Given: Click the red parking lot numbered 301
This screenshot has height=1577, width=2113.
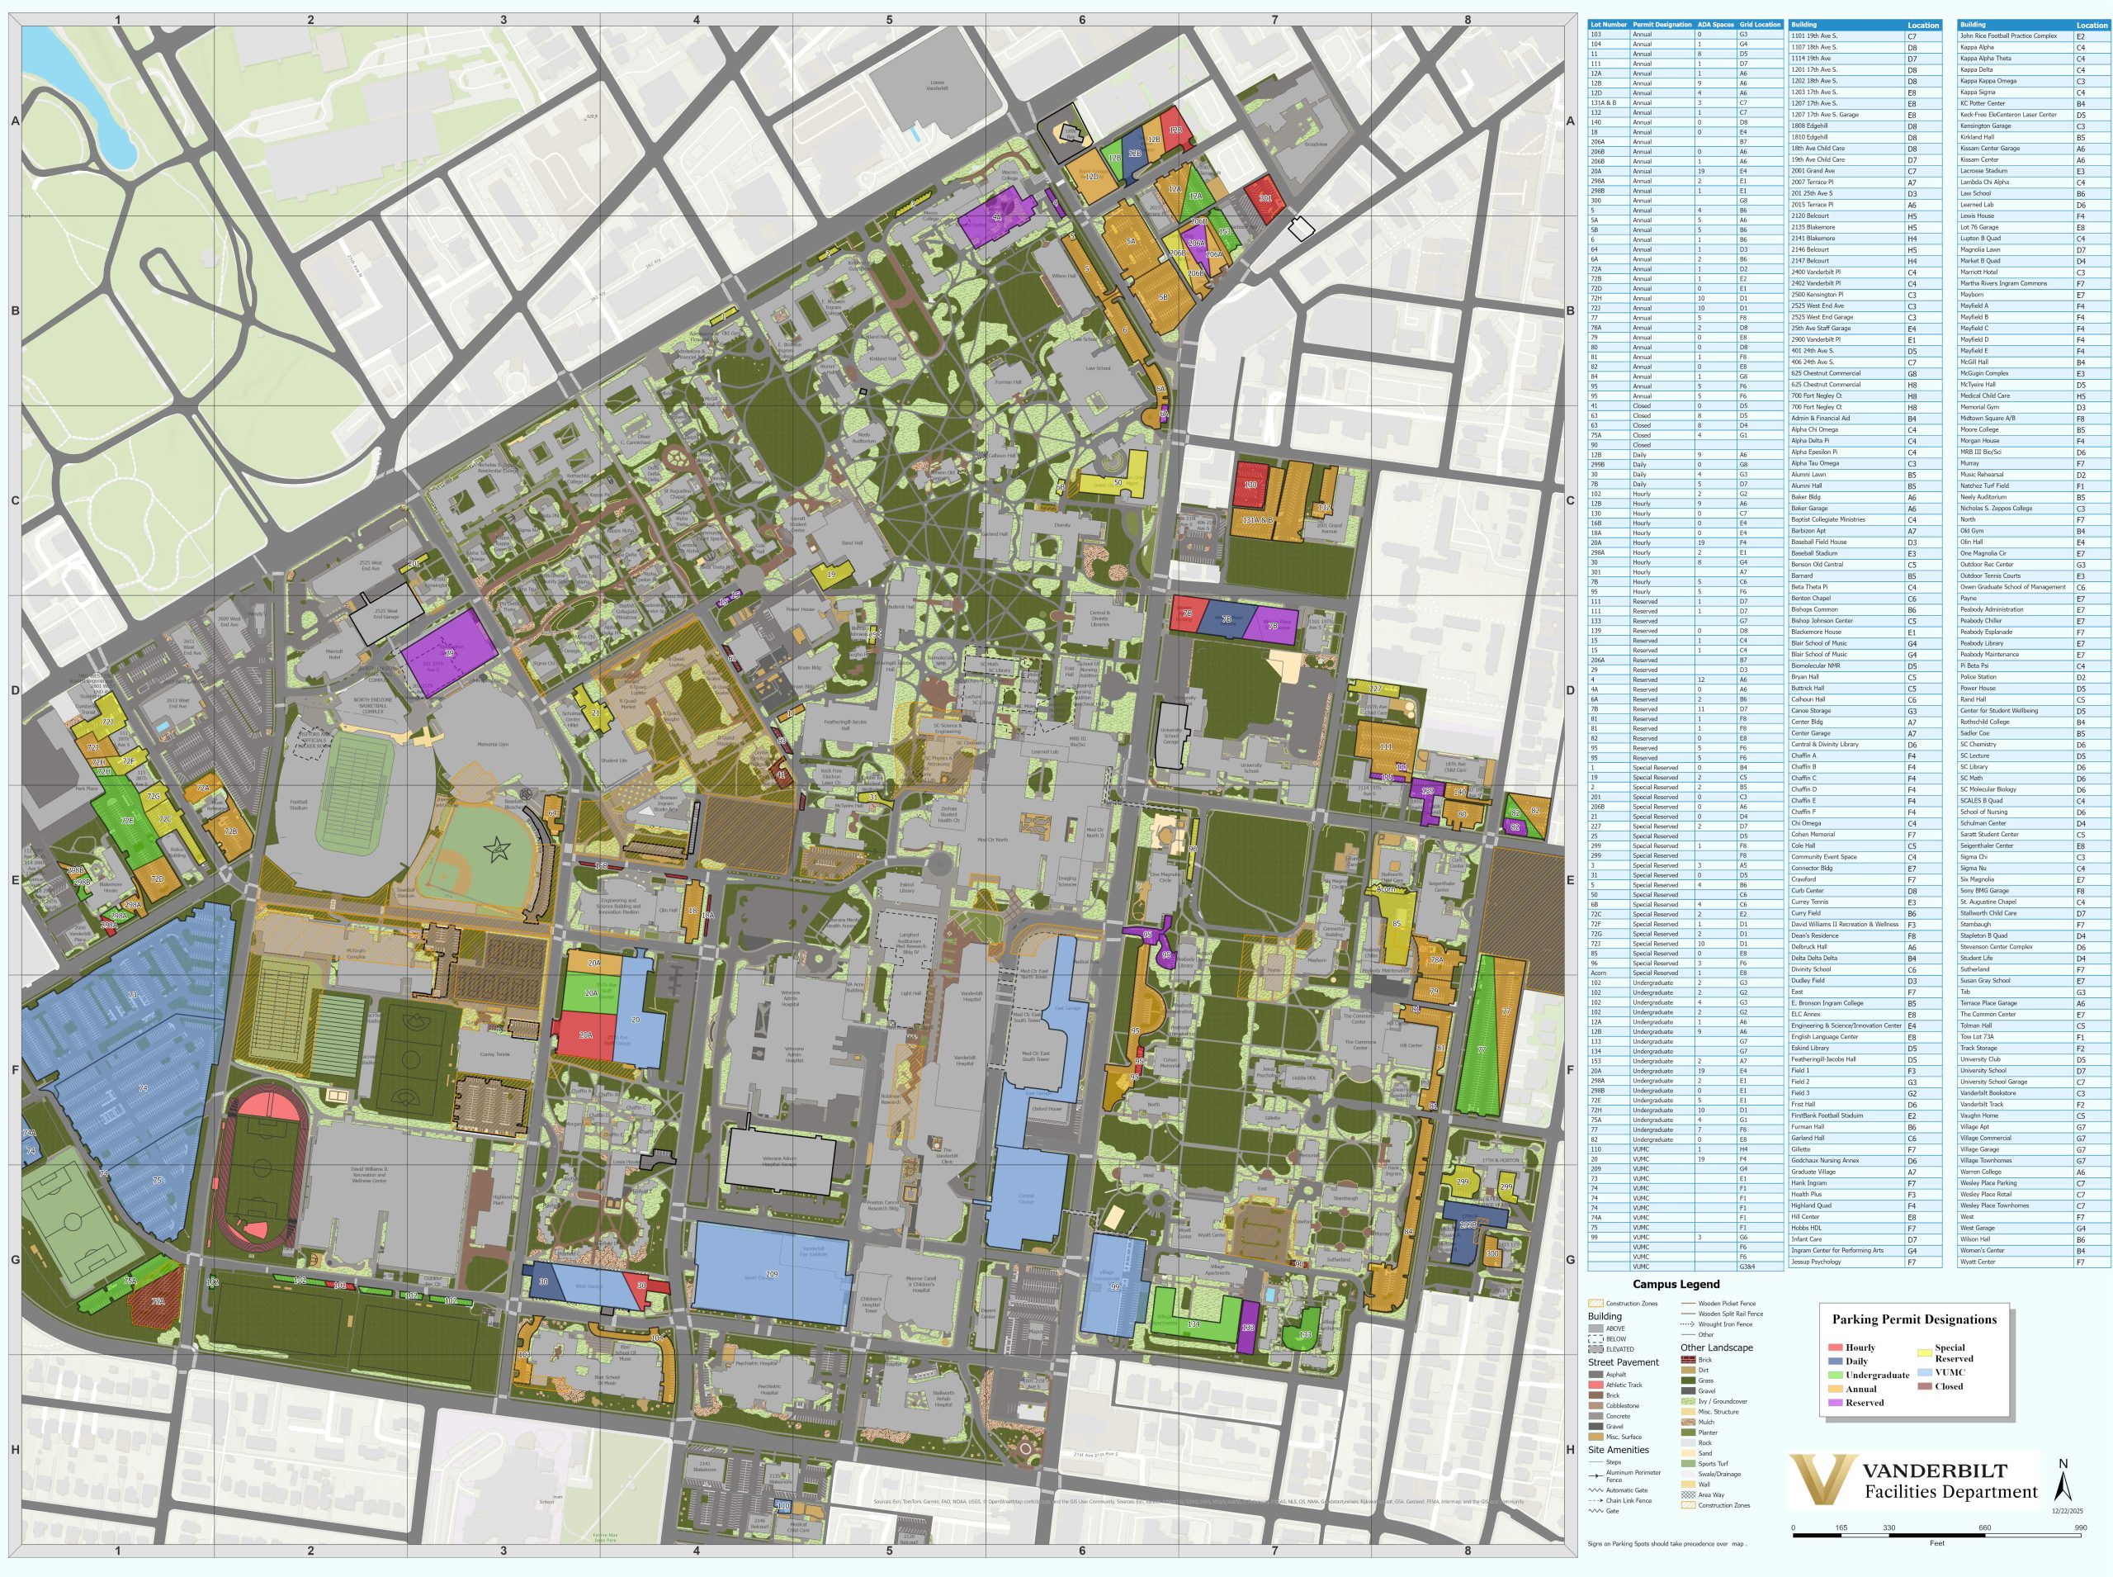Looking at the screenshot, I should [1265, 198].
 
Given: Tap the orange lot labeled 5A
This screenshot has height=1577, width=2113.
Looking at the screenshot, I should [1131, 242].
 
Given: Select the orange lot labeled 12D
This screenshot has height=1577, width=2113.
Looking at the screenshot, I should [1091, 177].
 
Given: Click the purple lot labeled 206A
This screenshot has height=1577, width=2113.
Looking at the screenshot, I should [1214, 255].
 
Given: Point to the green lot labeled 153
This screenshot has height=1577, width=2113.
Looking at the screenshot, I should [1225, 232].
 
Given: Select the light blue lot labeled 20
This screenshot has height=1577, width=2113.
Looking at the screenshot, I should [636, 1020].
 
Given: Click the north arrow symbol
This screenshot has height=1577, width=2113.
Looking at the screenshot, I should [2063, 1485].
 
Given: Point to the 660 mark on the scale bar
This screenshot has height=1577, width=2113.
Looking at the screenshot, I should [1985, 1528].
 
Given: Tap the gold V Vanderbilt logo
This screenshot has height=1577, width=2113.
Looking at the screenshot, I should [1821, 1481].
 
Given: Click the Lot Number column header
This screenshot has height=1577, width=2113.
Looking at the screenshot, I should [1608, 25].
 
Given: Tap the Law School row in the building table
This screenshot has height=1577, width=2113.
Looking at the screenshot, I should [1974, 193].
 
